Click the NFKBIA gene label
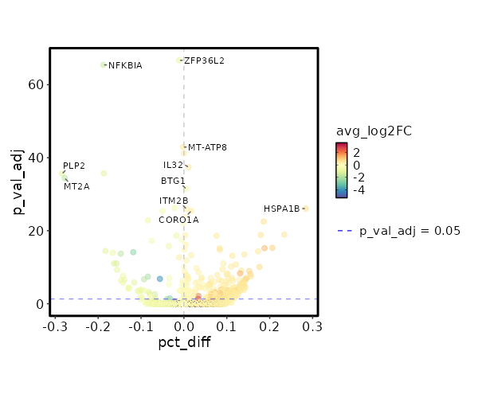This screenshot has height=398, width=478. (125, 65)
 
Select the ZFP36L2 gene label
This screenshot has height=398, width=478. (204, 60)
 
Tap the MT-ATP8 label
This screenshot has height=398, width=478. (207, 147)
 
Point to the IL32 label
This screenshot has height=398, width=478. (173, 165)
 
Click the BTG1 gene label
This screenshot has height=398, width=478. (173, 181)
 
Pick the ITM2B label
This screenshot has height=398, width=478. (174, 201)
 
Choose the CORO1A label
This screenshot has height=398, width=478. (178, 220)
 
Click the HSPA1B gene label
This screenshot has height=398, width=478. (281, 209)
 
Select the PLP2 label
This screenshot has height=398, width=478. (74, 166)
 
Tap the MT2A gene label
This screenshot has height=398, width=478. (76, 186)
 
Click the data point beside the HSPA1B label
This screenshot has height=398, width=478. (305, 209)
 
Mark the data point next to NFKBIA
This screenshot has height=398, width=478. (103, 65)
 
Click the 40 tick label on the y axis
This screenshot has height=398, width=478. (35, 158)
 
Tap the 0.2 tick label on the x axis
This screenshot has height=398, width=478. (270, 326)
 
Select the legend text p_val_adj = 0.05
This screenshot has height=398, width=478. (409, 231)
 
